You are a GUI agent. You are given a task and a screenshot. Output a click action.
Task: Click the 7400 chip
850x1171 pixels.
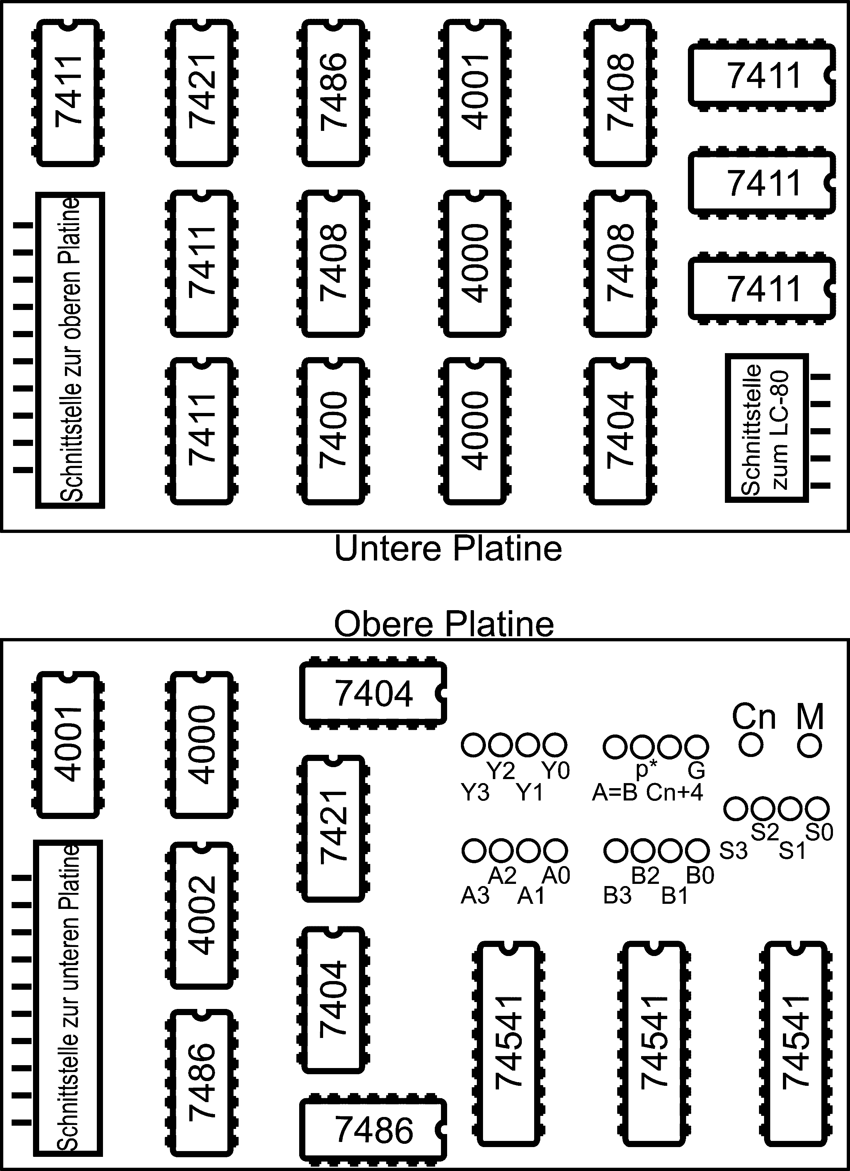click(333, 431)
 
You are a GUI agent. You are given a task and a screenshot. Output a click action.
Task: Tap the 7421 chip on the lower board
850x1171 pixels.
click(201, 93)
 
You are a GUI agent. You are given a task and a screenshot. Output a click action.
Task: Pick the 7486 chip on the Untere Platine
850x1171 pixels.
click(333, 93)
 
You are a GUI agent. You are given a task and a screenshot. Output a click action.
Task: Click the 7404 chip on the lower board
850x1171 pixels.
click(620, 431)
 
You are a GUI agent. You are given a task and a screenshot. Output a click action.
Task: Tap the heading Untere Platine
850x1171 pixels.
click(448, 549)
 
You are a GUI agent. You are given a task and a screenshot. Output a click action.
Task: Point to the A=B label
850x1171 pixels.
click(615, 792)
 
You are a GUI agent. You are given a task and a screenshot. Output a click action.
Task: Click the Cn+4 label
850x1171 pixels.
click(674, 792)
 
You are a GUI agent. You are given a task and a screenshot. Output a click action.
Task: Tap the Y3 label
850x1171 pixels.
click(475, 792)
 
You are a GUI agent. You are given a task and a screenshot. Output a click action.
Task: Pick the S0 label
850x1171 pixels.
click(819, 832)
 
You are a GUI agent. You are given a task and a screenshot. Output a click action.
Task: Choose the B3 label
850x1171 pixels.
click(617, 896)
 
